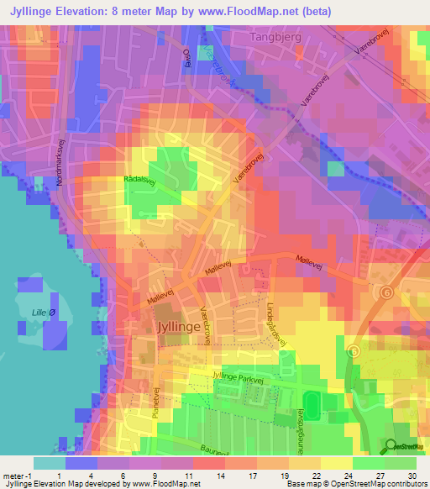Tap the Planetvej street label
coord(157,402)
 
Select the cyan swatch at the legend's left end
coord(50,463)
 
